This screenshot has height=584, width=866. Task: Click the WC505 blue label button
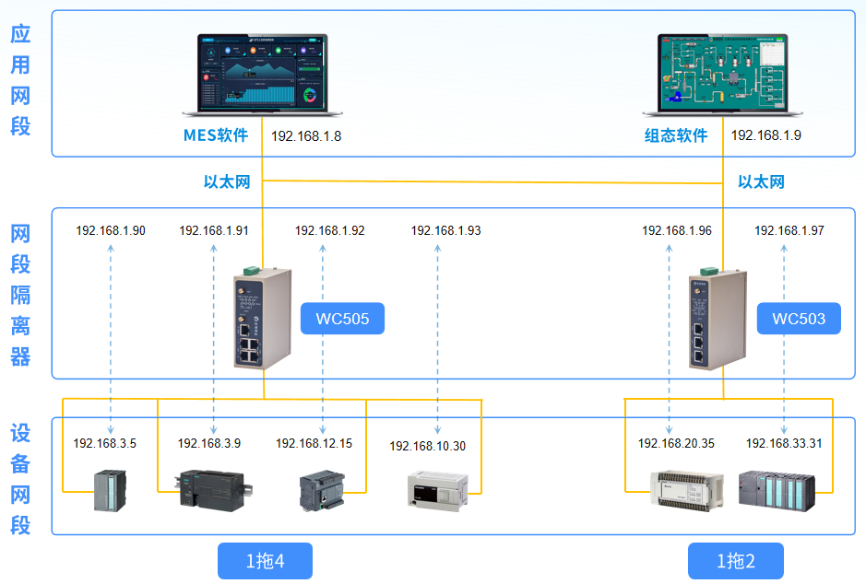pyautogui.click(x=342, y=320)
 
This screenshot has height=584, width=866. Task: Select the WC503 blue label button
pyautogui.click(x=799, y=320)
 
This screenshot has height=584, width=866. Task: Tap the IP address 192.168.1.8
pyautogui.click(x=306, y=135)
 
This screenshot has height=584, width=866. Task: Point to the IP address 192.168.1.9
pyautogui.click(x=766, y=135)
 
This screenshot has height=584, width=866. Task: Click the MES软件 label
pyautogui.click(x=216, y=135)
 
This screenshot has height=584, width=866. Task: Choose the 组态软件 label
pyautogui.click(x=676, y=135)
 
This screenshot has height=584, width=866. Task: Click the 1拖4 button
pyautogui.click(x=265, y=561)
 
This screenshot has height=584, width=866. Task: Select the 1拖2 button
pyautogui.click(x=736, y=561)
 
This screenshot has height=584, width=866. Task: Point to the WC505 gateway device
pyautogui.click(x=263, y=318)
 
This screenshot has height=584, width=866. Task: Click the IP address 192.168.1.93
pyautogui.click(x=445, y=231)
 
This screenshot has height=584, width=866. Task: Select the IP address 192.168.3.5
pyautogui.click(x=105, y=443)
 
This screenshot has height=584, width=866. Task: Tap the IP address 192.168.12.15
pyautogui.click(x=314, y=443)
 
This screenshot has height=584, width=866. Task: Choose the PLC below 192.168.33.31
pyautogui.click(x=777, y=489)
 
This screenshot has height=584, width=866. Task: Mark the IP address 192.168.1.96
pyautogui.click(x=677, y=231)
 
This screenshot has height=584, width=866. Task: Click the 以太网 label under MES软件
pyautogui.click(x=227, y=181)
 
